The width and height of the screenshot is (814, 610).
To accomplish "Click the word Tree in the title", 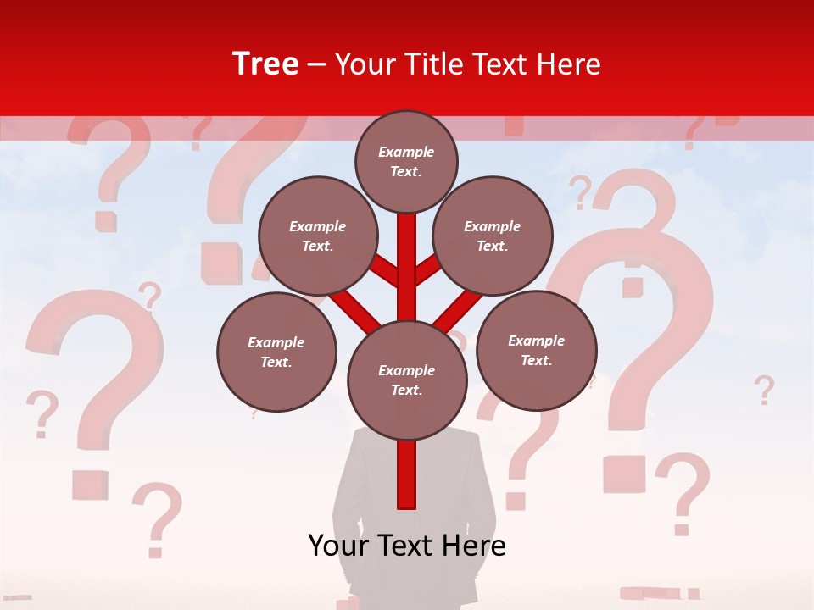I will click(x=265, y=64).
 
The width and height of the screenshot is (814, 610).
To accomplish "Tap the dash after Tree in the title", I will click(x=316, y=65).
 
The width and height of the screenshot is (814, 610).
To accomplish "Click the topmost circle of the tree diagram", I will click(x=406, y=161).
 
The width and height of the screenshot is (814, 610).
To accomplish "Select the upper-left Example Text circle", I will click(x=317, y=236).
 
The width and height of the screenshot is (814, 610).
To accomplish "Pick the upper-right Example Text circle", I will click(x=492, y=236).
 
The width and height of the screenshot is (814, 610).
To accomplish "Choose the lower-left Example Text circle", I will click(x=276, y=352).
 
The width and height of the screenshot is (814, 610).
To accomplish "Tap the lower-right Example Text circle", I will click(x=536, y=350).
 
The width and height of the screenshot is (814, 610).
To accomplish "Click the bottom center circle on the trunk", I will click(x=407, y=380).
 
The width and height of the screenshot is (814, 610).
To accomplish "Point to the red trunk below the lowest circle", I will click(x=407, y=474).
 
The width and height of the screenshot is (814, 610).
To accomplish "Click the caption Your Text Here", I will click(x=407, y=546).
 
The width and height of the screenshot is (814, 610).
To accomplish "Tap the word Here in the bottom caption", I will click(x=472, y=546).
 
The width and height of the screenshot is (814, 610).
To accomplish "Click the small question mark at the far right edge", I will click(x=764, y=391).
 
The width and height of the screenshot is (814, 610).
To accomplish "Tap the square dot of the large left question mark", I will click(x=88, y=485).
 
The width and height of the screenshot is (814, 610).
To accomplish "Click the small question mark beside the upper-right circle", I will click(x=581, y=192).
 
